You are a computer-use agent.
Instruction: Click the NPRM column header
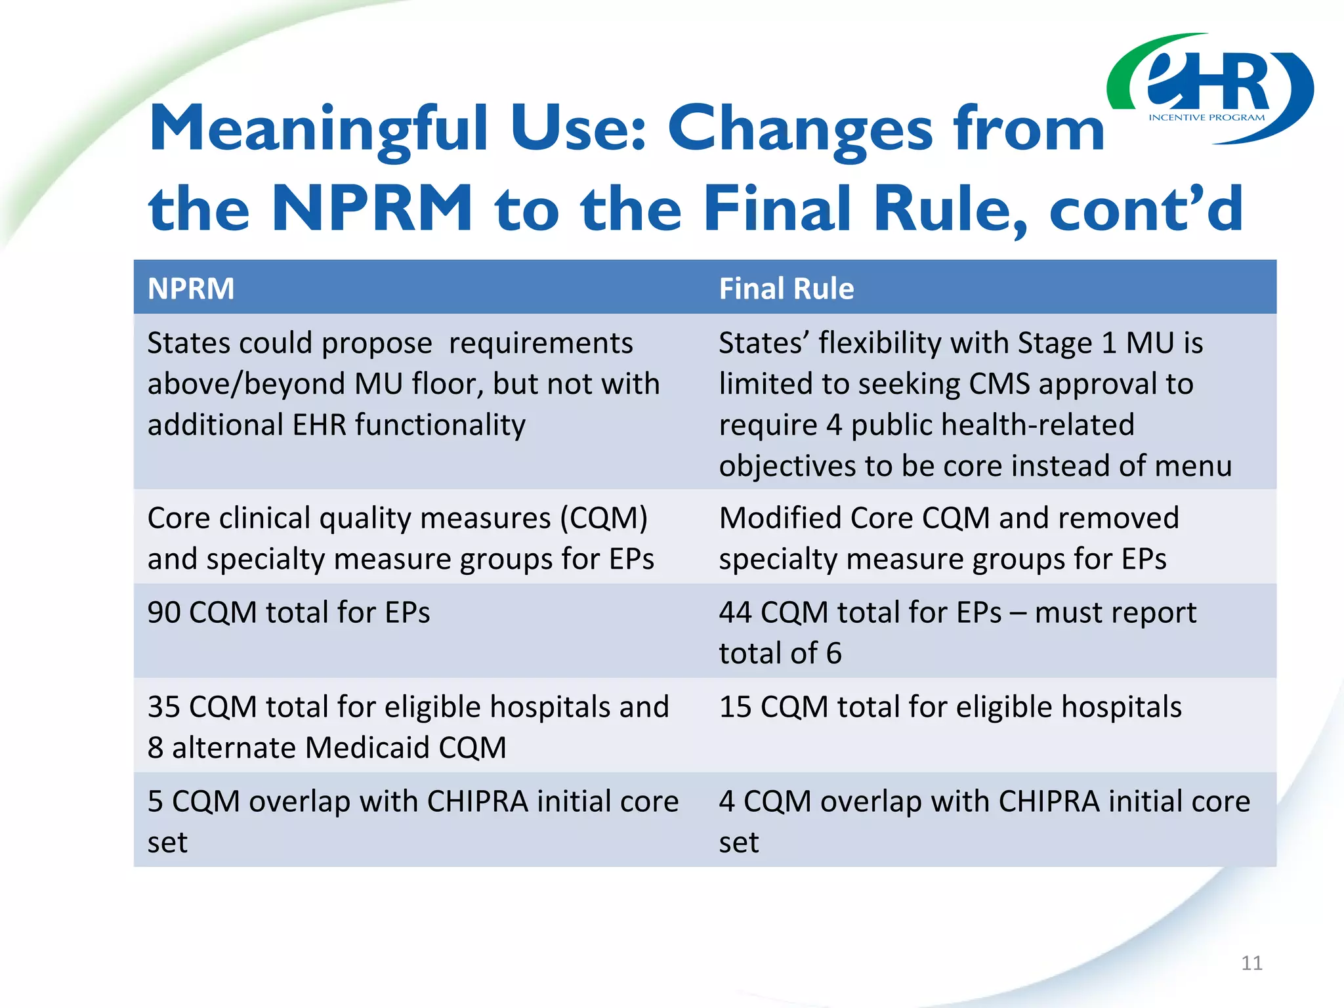point(190,289)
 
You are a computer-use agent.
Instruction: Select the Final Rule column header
point(786,289)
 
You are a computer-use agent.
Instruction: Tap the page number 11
point(1251,963)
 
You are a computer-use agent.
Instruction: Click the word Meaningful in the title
point(318,129)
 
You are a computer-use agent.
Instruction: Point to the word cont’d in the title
point(1146,209)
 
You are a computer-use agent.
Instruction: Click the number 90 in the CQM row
point(165,612)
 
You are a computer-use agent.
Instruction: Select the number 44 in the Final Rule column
point(735,612)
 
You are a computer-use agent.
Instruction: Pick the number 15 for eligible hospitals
point(735,707)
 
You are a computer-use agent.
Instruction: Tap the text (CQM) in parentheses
point(603,518)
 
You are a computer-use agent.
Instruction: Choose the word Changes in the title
point(800,129)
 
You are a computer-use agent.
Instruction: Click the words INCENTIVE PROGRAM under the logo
point(1206,117)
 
